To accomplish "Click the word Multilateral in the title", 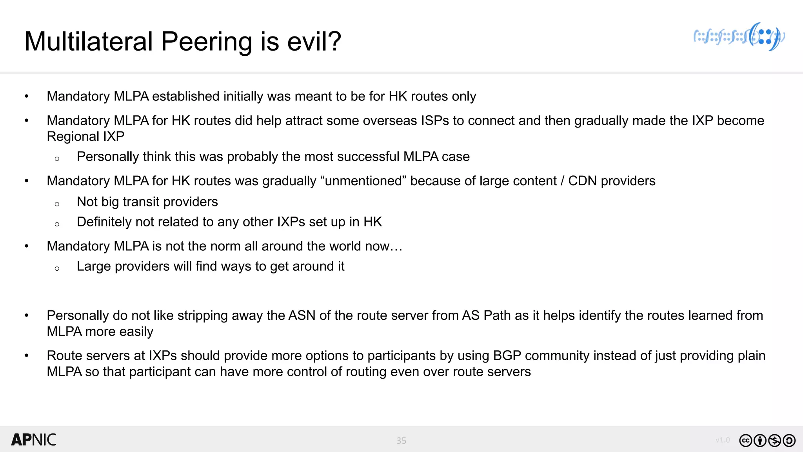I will [89, 42].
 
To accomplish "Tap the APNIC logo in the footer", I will [34, 440].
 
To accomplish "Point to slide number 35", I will [401, 441].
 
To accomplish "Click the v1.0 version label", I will [722, 440].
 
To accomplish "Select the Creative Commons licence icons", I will [767, 441].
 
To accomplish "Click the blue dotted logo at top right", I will [739, 37].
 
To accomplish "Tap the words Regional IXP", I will [85, 137].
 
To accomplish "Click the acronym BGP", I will [507, 355].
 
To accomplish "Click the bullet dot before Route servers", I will [27, 356].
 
